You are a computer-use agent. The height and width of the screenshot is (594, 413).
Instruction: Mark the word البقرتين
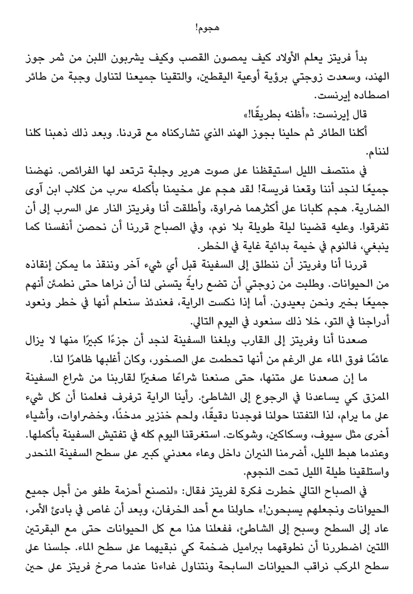(x=46, y=548)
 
